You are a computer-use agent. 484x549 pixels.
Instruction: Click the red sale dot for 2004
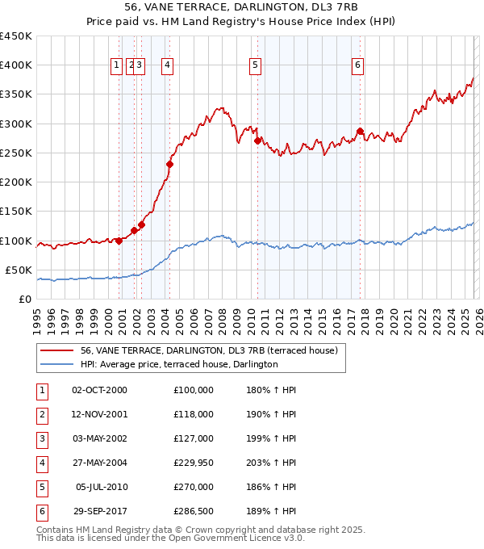click(170, 165)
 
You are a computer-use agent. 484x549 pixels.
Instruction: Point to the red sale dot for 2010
click(257, 140)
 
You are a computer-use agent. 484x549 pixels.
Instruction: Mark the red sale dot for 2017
click(361, 131)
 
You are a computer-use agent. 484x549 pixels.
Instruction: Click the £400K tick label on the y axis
click(16, 65)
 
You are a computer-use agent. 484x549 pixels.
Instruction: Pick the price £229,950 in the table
click(194, 463)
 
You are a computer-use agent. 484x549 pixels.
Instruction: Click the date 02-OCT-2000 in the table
click(99, 390)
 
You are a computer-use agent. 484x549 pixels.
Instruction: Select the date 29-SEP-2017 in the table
click(99, 511)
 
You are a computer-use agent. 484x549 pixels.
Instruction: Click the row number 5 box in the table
click(41, 487)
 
